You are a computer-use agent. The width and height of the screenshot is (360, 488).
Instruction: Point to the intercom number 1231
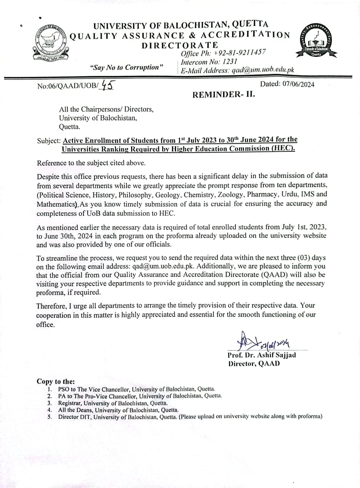(230, 61)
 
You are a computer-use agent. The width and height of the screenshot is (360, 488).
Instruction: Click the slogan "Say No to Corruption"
(127, 67)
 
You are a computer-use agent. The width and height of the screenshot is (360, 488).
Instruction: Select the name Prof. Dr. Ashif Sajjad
(262, 355)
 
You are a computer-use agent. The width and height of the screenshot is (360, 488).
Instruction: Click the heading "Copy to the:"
(56, 381)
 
